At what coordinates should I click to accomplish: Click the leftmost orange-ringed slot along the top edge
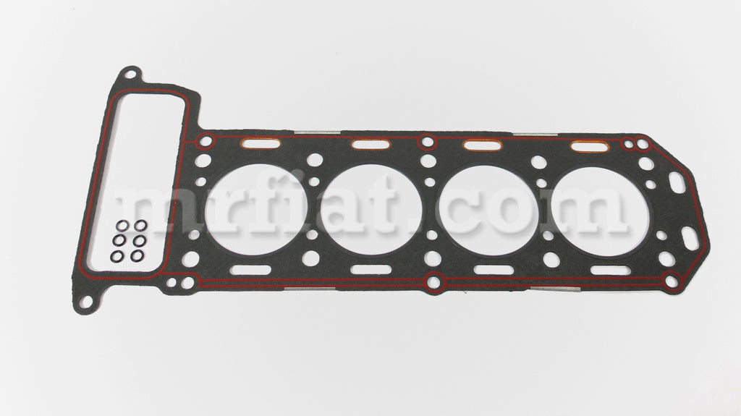[x=261, y=143]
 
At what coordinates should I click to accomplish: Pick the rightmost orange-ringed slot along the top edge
[x=590, y=147]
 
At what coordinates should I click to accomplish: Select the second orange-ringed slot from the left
[x=371, y=144]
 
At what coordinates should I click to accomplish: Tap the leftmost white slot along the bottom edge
[x=250, y=270]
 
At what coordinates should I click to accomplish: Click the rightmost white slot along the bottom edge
[x=611, y=271]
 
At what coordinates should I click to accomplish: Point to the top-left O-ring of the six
[x=122, y=226]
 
